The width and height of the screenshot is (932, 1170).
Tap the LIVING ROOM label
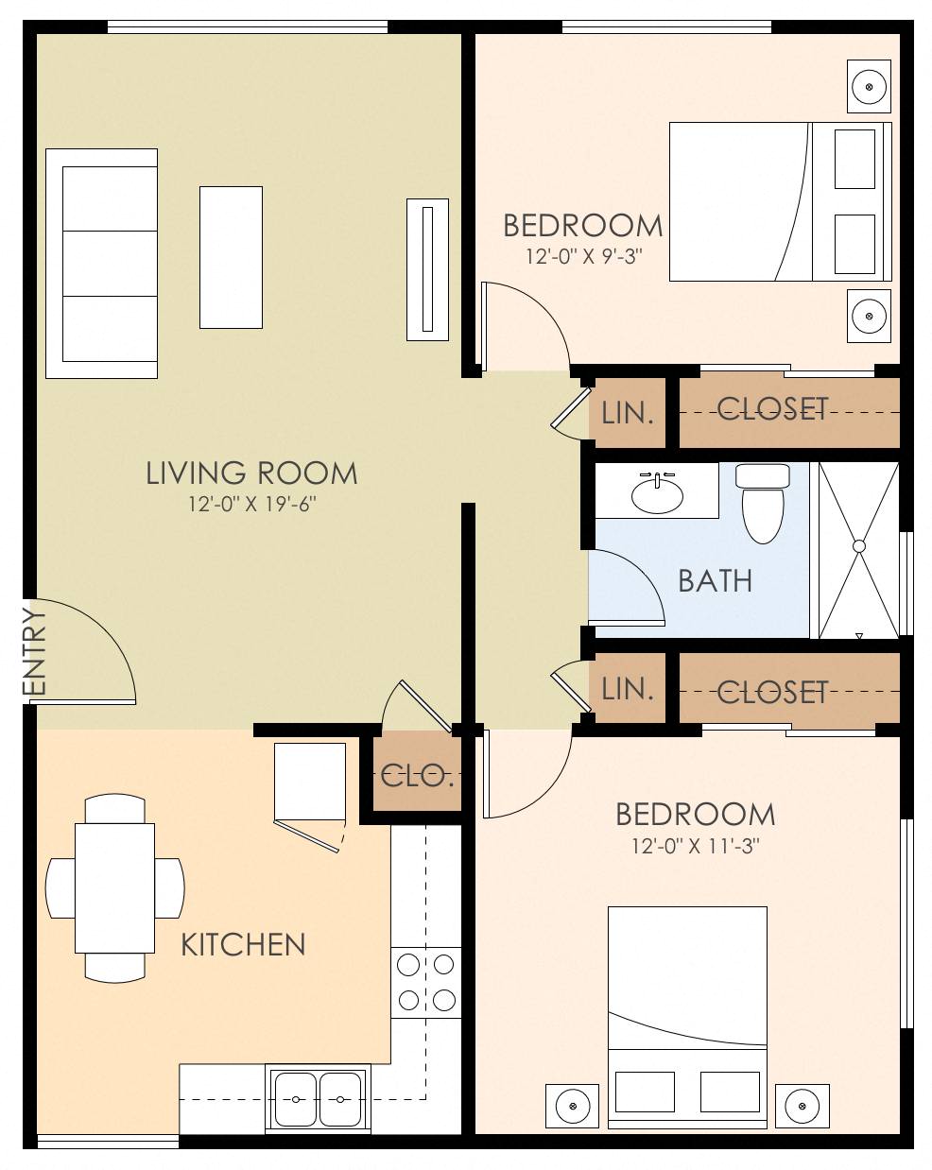(x=251, y=473)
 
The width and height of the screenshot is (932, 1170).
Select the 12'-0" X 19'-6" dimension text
(x=251, y=505)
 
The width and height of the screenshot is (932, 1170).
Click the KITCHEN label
(x=243, y=944)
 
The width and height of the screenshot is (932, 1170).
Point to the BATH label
(x=716, y=580)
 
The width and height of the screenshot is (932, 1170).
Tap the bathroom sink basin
(x=657, y=494)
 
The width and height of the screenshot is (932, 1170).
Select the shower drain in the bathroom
(x=859, y=546)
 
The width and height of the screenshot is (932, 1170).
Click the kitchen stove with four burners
(x=425, y=982)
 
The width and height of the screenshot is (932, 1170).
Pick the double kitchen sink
(x=318, y=1099)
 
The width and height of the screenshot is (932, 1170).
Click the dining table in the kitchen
(x=115, y=888)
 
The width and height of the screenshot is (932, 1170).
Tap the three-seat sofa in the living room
(x=102, y=264)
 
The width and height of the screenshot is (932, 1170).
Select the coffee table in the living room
(x=231, y=257)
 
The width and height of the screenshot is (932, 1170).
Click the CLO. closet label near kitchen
(x=417, y=777)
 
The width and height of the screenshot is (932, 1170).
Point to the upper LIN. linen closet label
(x=628, y=412)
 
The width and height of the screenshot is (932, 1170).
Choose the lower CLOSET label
(x=772, y=693)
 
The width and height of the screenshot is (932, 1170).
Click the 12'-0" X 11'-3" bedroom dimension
(x=696, y=846)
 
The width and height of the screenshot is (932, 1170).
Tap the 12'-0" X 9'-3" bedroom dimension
(x=583, y=256)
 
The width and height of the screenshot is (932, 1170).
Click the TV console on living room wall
(x=427, y=268)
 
